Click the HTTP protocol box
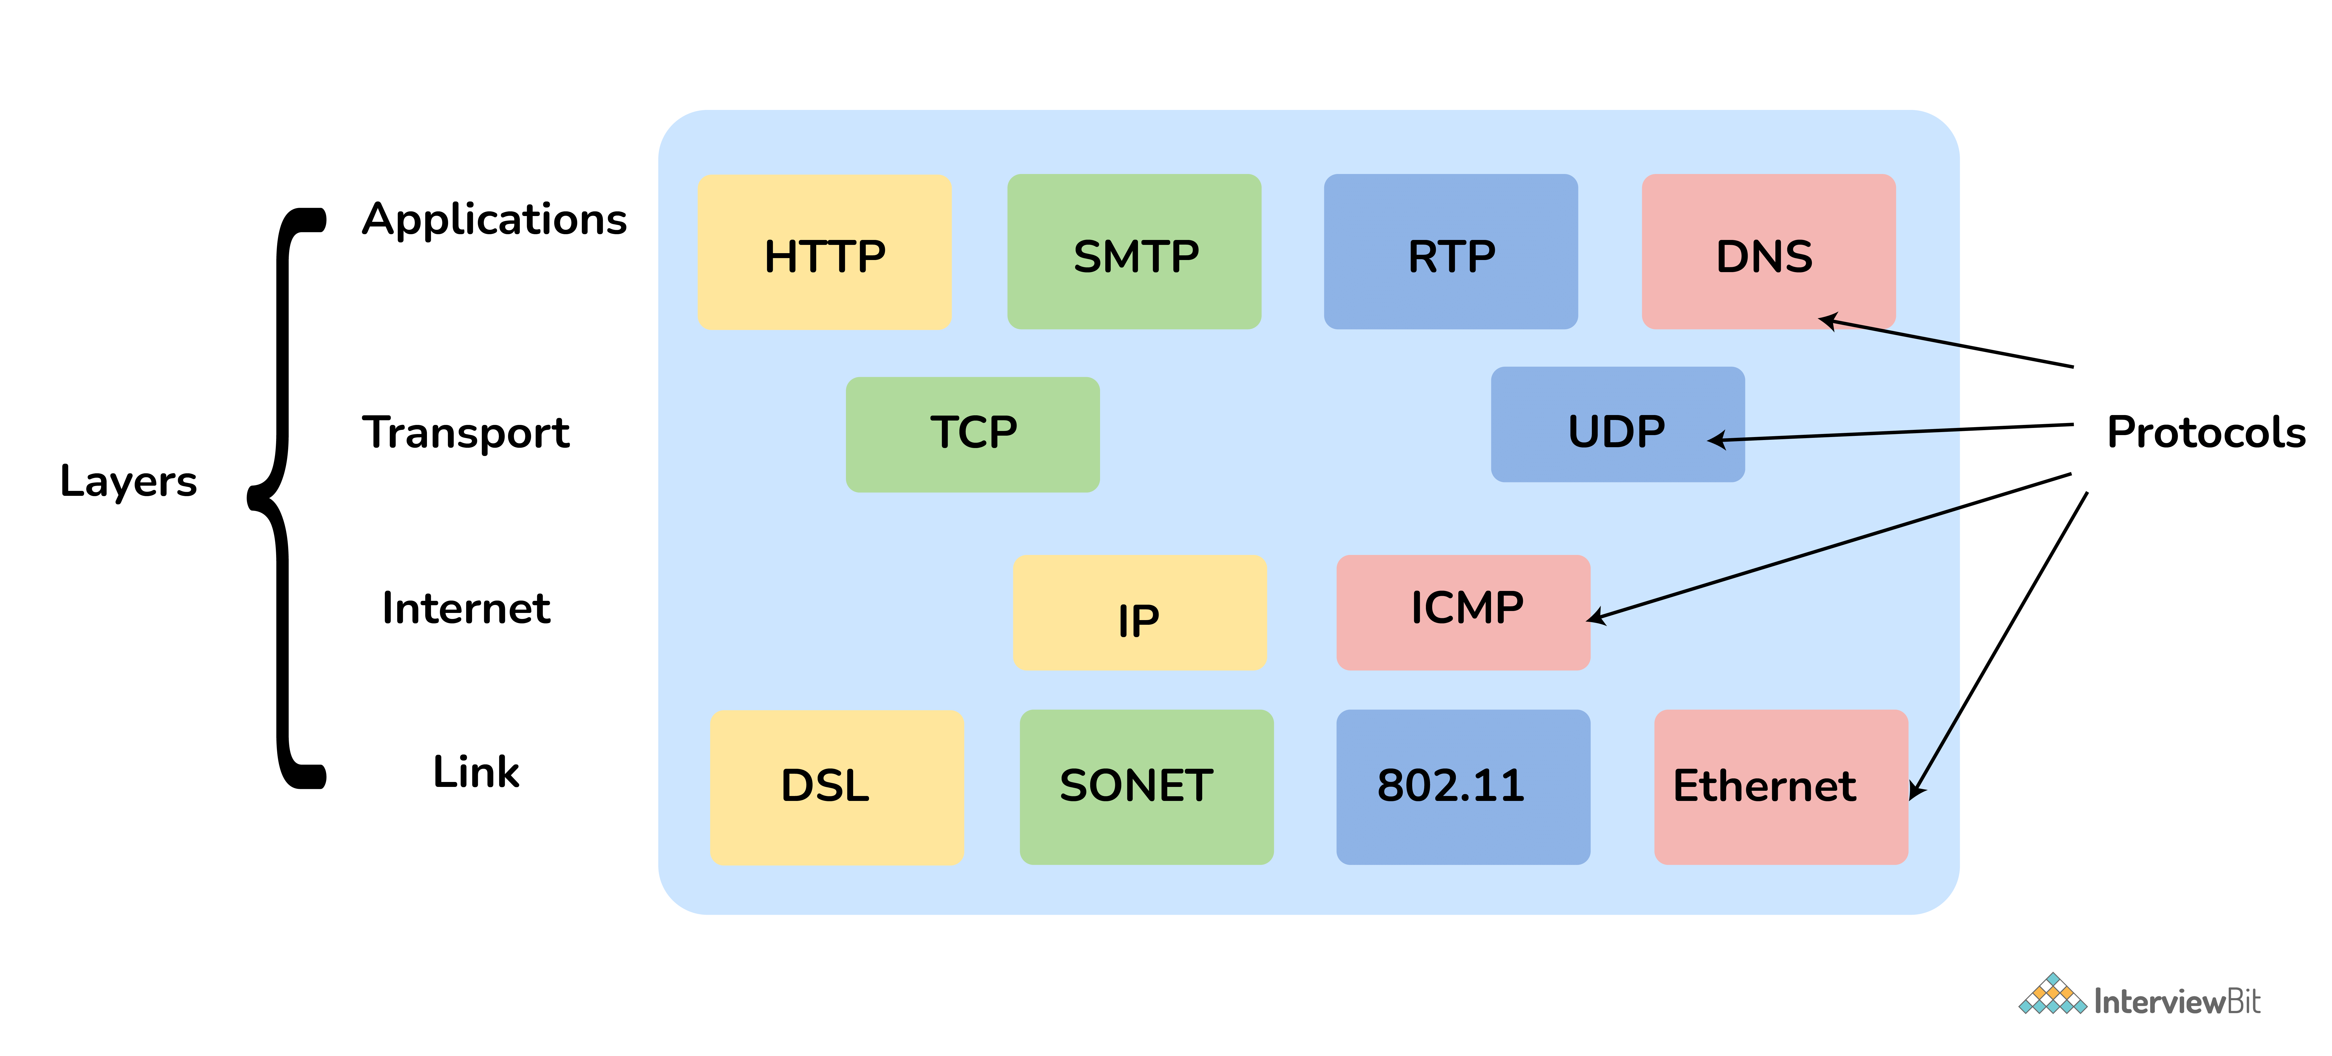click(x=824, y=252)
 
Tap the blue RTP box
click(x=1450, y=252)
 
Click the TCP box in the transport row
click(x=972, y=434)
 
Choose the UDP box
click(x=1617, y=424)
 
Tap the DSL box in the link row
click(x=837, y=786)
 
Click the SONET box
click(x=1146, y=786)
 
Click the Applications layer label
click(x=494, y=220)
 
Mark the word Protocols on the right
click(x=2205, y=432)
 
